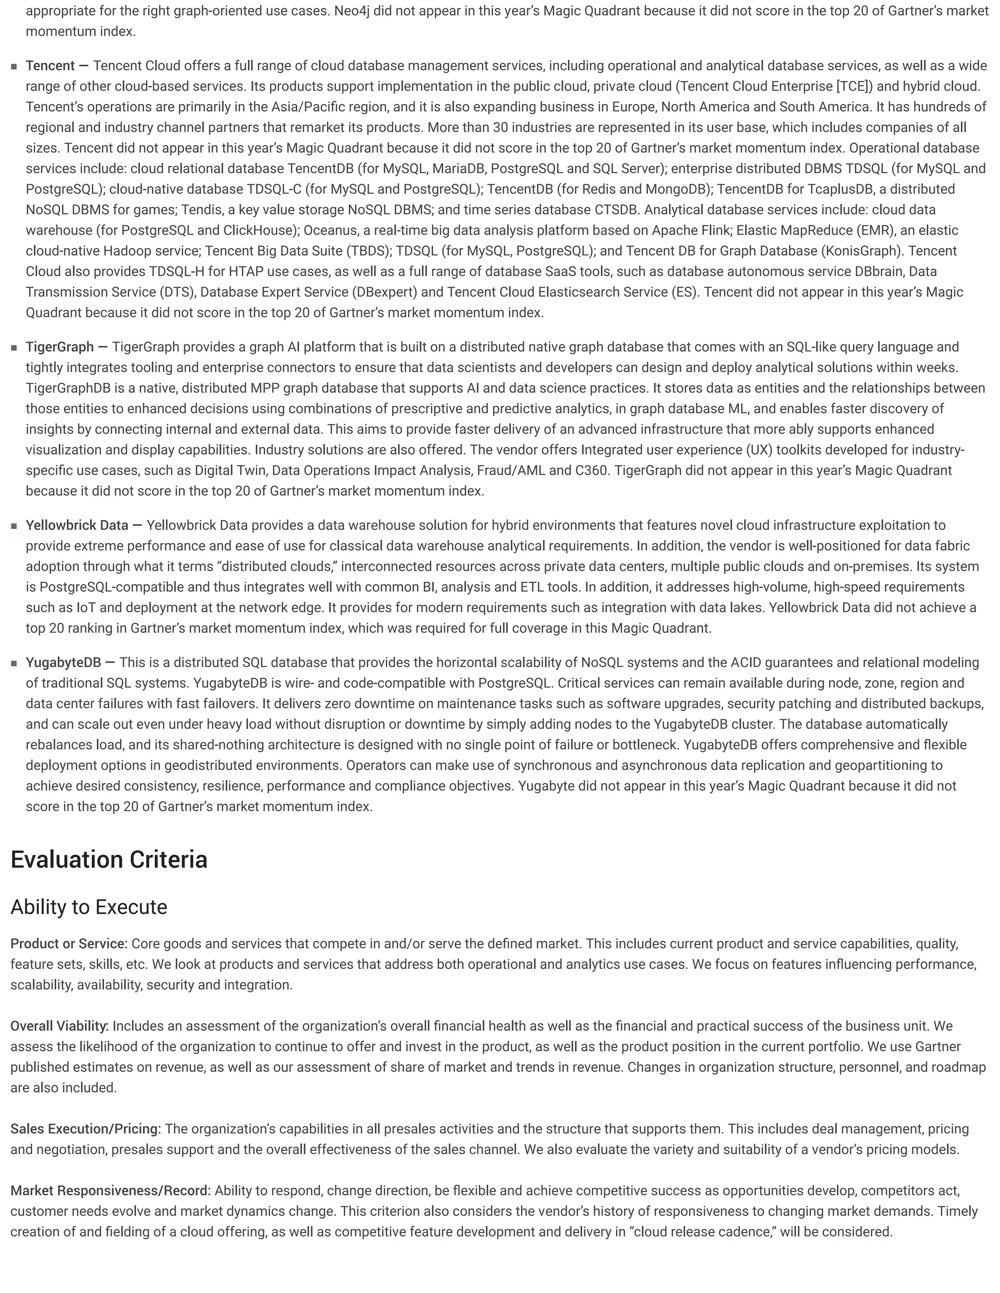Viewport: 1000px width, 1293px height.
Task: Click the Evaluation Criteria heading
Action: click(x=109, y=860)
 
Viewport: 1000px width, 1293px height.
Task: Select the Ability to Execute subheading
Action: click(x=89, y=907)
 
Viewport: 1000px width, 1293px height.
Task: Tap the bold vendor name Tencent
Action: click(x=50, y=66)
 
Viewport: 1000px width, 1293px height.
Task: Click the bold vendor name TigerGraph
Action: click(x=59, y=347)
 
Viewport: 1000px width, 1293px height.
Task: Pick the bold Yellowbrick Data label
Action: click(x=77, y=525)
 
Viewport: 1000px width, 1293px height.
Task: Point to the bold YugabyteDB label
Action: click(x=63, y=663)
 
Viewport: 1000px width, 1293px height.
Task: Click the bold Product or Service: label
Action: click(x=69, y=944)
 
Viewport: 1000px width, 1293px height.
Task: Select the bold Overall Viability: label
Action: click(x=59, y=1026)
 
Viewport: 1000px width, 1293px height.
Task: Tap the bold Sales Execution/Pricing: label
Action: click(x=85, y=1129)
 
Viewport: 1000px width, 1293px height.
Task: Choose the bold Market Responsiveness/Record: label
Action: click(x=110, y=1191)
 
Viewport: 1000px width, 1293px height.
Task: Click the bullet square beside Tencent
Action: click(x=14, y=66)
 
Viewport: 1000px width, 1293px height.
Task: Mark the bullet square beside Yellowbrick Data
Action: click(x=14, y=525)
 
